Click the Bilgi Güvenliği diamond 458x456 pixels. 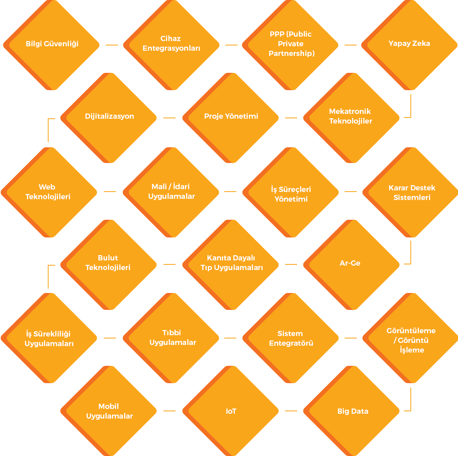pyautogui.click(x=52, y=45)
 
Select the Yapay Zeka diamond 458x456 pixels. pyautogui.click(x=410, y=45)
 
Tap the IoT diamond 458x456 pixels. pyautogui.click(x=231, y=411)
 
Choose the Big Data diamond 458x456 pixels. pyautogui.click(x=351, y=411)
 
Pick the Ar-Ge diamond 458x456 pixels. pyautogui.click(x=351, y=264)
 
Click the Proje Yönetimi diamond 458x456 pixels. pyautogui.click(x=231, y=118)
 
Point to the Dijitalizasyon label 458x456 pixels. pyautogui.click(x=110, y=116)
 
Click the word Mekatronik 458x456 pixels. pyautogui.click(x=350, y=111)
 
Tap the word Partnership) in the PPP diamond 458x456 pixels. pyautogui.click(x=292, y=54)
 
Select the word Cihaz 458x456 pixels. pyautogui.click(x=170, y=39)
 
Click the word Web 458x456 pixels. pyautogui.click(x=47, y=187)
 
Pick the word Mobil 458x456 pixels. pyautogui.click(x=109, y=406)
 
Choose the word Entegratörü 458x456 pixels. pyautogui.click(x=291, y=343)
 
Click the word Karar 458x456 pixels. pyautogui.click(x=398, y=188)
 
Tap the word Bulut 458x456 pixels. pyautogui.click(x=108, y=258)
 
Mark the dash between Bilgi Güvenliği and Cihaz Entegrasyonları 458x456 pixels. pyautogui.click(x=112, y=45)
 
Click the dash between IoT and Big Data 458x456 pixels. pyautogui.click(x=291, y=411)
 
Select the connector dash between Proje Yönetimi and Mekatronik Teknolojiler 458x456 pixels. pyautogui.click(x=291, y=118)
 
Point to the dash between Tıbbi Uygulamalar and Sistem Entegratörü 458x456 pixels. pyautogui.click(x=230, y=338)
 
